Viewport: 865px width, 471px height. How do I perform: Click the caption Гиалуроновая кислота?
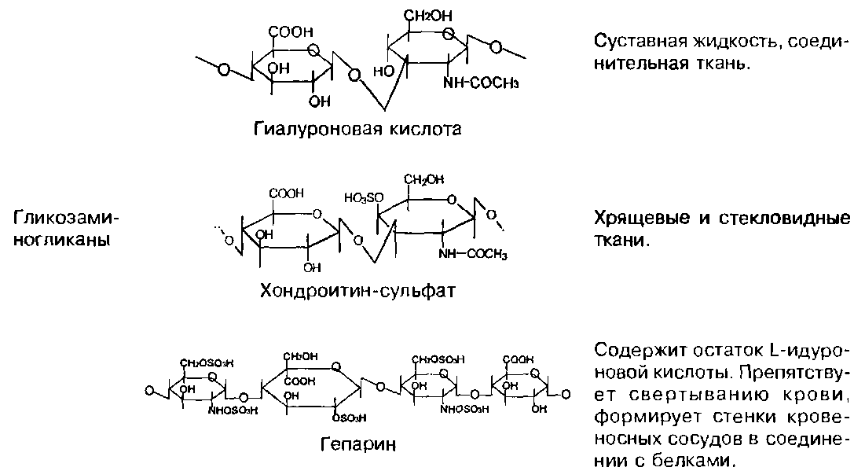click(357, 128)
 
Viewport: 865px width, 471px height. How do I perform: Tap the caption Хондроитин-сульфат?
click(358, 291)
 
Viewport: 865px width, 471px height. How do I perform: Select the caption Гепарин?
click(357, 444)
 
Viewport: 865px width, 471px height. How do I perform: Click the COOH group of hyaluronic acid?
click(291, 32)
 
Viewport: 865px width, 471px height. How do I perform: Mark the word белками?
click(702, 459)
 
